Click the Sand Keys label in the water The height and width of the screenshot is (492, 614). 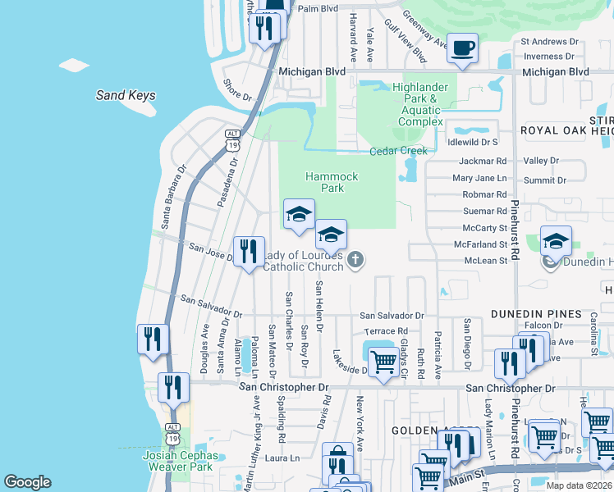click(126, 96)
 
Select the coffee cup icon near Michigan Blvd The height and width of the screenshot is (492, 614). click(463, 49)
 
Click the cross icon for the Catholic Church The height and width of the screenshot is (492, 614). click(355, 261)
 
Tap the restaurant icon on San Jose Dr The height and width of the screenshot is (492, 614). click(248, 252)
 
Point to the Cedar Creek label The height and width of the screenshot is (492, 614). click(399, 151)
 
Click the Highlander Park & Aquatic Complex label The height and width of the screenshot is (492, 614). click(420, 104)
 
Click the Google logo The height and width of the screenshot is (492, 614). click(27, 482)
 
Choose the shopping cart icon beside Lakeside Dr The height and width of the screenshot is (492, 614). click(383, 361)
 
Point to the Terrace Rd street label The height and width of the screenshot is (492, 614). click(386, 331)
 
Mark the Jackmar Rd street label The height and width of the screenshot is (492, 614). click(479, 162)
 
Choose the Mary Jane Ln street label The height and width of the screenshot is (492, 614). click(479, 178)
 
